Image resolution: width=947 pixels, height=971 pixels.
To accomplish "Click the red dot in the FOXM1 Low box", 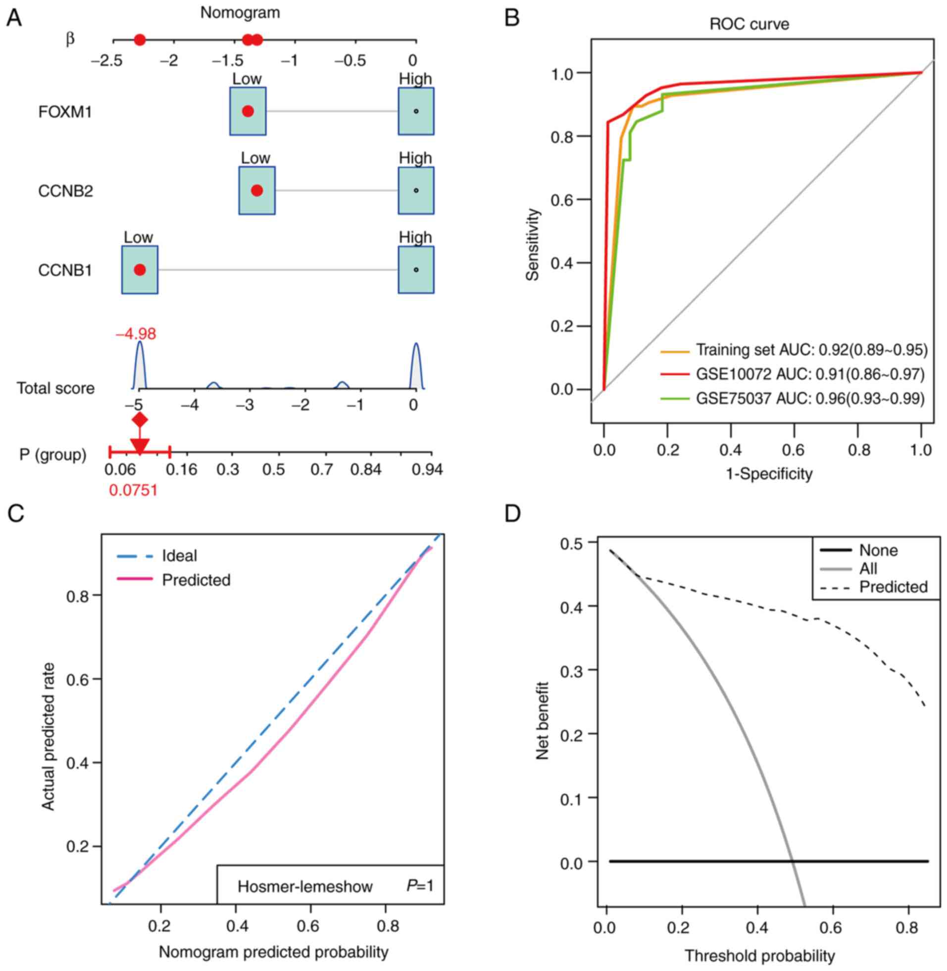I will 248,111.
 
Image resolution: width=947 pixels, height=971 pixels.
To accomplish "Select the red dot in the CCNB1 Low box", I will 140,270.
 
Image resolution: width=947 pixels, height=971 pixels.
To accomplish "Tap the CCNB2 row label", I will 65,191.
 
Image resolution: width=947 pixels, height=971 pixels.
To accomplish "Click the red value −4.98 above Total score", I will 136,333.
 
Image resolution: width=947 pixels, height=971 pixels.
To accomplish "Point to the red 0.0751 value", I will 133,491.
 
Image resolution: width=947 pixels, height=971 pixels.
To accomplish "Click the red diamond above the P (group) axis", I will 140,420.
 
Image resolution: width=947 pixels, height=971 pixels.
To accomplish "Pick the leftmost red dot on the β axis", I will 140,40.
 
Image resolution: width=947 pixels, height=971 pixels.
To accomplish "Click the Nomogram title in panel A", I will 240,12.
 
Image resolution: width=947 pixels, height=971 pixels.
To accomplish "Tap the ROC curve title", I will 749,24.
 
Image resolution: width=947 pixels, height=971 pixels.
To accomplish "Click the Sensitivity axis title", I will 533,244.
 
